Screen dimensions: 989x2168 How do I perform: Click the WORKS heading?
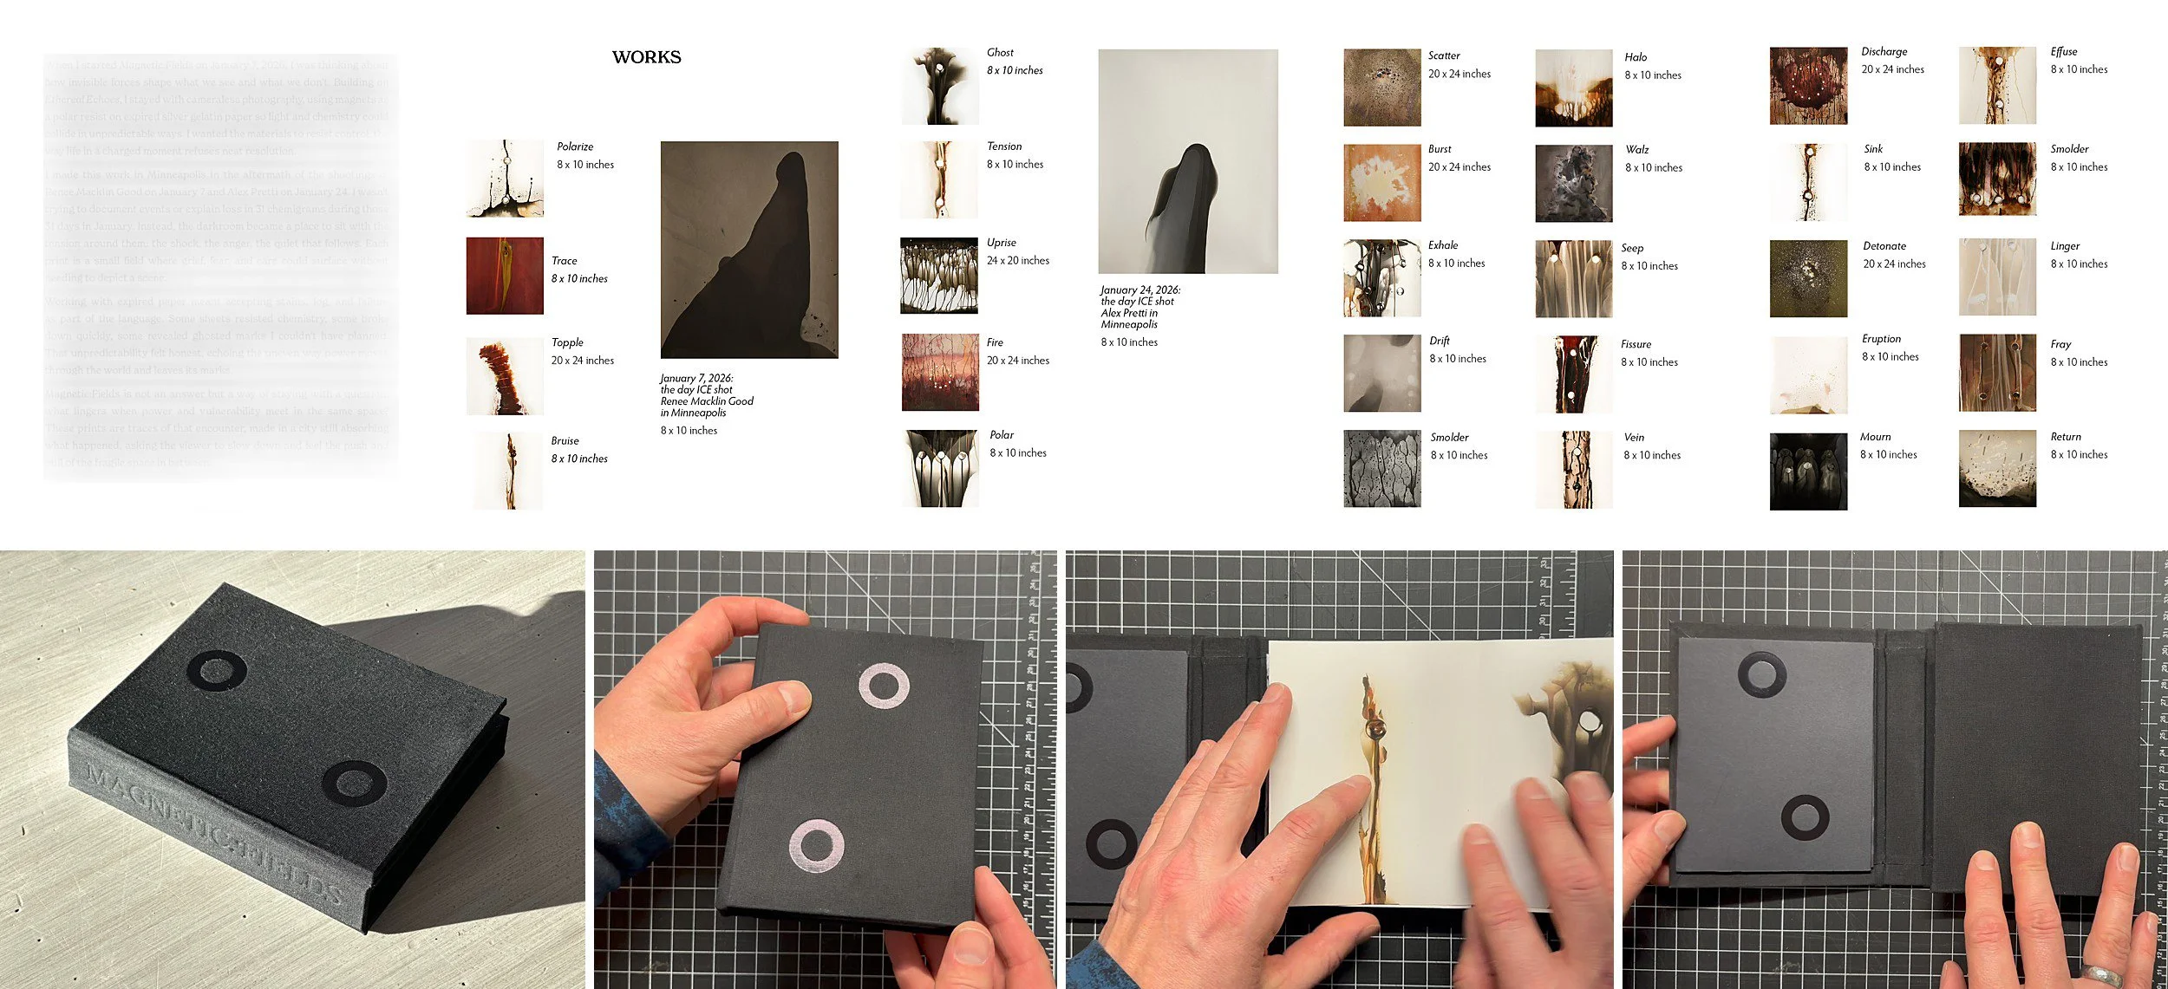[x=646, y=57]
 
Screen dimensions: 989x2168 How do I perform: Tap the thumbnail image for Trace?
[x=505, y=276]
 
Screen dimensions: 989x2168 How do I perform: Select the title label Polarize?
[x=575, y=146]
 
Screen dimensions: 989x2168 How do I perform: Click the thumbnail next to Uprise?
[x=939, y=276]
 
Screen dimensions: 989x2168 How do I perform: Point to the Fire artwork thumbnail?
[x=940, y=372]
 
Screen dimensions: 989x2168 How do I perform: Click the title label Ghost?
[x=1000, y=53]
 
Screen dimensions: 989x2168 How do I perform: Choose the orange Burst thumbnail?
[x=1382, y=183]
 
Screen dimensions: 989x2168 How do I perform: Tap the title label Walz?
[x=1637, y=150]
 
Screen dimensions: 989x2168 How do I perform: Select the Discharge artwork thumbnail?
[x=1808, y=86]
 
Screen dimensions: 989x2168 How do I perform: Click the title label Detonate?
[x=1884, y=246]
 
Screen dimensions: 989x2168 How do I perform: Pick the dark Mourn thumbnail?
[x=1808, y=472]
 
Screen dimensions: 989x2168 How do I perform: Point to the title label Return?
[x=2066, y=437]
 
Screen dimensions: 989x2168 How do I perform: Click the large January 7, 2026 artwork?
[x=749, y=250]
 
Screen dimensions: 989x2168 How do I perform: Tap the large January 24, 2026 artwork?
[x=1187, y=161]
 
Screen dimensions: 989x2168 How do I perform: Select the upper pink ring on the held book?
[x=884, y=686]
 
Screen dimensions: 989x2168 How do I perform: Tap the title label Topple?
[x=567, y=342]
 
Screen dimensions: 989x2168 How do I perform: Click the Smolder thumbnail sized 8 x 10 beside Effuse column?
[x=1997, y=179]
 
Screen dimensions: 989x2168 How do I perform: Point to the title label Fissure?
[x=1636, y=344]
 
